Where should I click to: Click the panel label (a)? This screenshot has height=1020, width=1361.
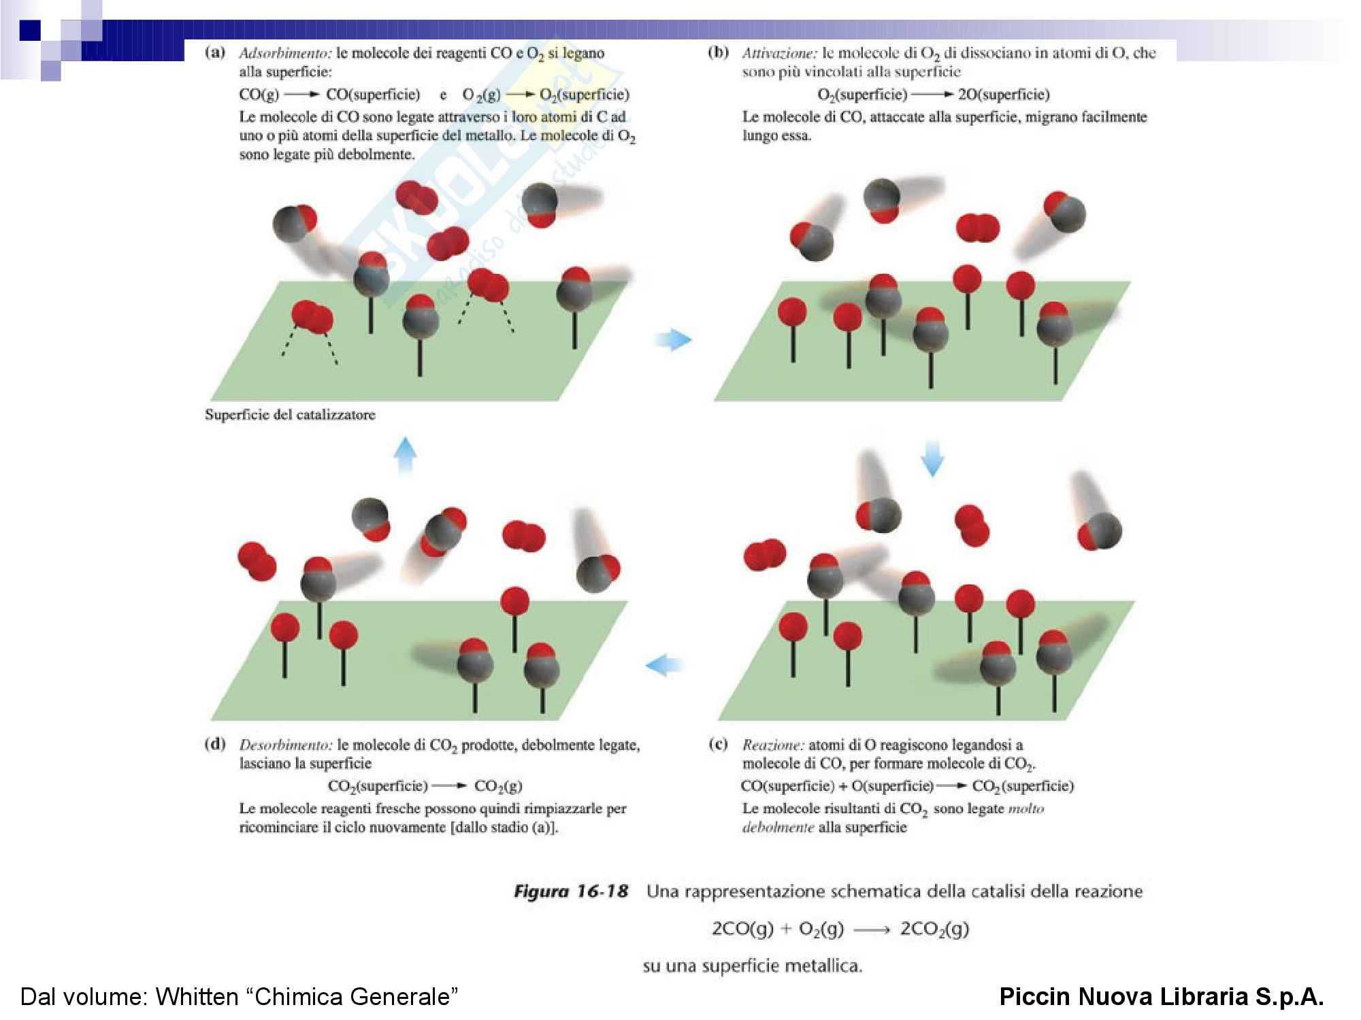click(x=215, y=53)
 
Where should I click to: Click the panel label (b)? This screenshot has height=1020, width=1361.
click(x=718, y=53)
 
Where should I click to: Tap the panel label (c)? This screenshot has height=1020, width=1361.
click(x=718, y=744)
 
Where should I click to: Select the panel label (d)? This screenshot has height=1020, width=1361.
click(x=215, y=744)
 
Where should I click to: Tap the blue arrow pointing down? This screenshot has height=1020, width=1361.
click(x=932, y=458)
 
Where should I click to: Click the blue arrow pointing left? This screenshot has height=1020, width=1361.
click(x=664, y=664)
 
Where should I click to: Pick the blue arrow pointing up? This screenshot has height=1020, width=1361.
click(x=406, y=454)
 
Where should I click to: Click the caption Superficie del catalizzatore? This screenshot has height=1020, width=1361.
click(x=290, y=415)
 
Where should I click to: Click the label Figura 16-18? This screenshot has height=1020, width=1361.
click(x=570, y=891)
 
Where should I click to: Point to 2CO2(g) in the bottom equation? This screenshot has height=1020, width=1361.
click(x=934, y=929)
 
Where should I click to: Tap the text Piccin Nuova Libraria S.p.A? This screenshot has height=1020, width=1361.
click(x=1161, y=997)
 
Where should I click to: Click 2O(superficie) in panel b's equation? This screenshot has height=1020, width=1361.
click(x=1004, y=95)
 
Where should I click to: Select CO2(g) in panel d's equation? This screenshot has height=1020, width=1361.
click(x=498, y=786)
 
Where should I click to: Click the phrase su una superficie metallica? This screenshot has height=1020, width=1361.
click(x=752, y=966)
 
